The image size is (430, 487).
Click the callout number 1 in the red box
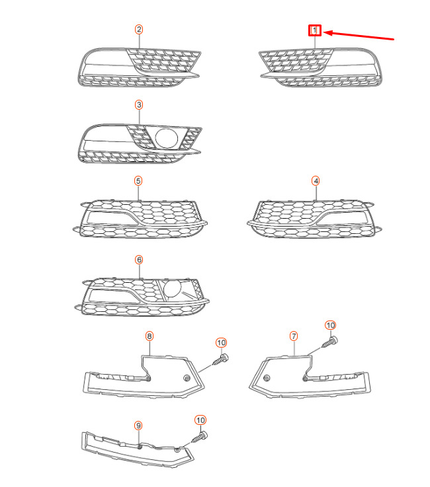click(x=314, y=30)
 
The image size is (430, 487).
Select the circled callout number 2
click(x=139, y=29)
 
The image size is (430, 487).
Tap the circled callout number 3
click(x=139, y=105)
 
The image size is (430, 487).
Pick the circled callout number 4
click(x=316, y=180)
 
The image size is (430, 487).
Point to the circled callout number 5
click(x=138, y=180)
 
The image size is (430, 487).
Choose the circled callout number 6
click(x=139, y=260)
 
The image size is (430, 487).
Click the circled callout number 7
click(x=294, y=336)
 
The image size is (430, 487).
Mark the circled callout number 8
click(x=150, y=336)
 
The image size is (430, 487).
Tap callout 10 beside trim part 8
click(x=221, y=342)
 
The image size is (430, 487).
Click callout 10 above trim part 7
click(x=331, y=325)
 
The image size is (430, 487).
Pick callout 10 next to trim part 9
click(x=200, y=420)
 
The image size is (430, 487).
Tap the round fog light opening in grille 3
click(x=166, y=138)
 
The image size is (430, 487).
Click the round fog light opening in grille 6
click(x=173, y=289)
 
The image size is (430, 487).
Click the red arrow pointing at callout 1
click(x=361, y=36)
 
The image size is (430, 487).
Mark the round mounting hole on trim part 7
click(x=267, y=378)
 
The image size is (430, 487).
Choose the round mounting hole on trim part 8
click(x=186, y=378)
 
